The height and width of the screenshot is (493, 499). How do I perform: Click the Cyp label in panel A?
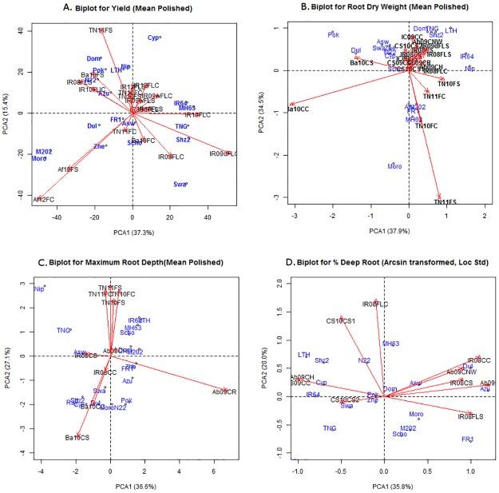point(154,38)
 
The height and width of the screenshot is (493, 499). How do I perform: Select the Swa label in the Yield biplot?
point(179,185)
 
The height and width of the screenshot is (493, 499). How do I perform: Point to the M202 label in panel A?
point(44,151)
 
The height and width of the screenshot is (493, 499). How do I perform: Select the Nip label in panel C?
point(38,288)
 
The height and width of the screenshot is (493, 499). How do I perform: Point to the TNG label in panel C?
point(63,330)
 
